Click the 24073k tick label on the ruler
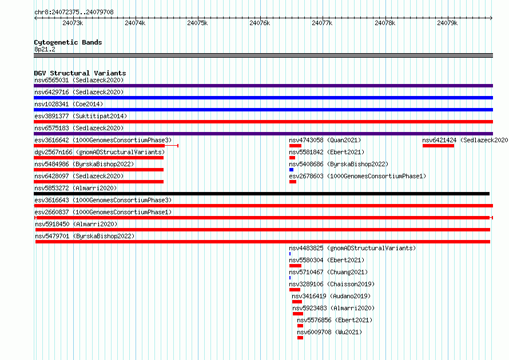point(73,23)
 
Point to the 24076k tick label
point(260,23)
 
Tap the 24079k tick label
point(447,23)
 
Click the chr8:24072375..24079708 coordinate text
point(74,13)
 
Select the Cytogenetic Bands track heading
point(68,42)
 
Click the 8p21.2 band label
point(45,49)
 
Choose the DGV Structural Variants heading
point(80,73)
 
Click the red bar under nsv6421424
point(438,146)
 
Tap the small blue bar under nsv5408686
point(291,170)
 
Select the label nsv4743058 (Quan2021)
point(325,140)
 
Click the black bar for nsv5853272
point(261,194)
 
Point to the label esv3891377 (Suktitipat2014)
point(81,116)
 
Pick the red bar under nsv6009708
point(300,338)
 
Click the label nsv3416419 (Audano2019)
point(331,296)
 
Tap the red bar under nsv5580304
point(296,266)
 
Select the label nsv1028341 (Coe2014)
point(69,104)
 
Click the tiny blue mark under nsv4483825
point(290,254)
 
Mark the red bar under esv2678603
point(293,182)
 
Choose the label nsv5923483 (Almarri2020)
point(333,308)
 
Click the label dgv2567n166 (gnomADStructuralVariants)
point(100,152)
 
